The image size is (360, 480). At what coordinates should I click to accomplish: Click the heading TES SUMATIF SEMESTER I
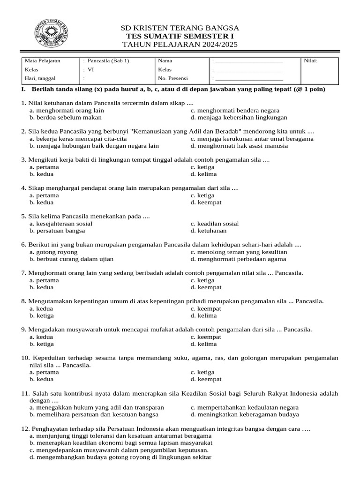click(x=180, y=36)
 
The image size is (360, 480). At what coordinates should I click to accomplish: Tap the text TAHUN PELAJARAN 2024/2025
click(x=180, y=45)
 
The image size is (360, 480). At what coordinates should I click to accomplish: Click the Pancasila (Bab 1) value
click(x=107, y=61)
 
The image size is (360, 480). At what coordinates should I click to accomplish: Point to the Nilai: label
click(x=311, y=61)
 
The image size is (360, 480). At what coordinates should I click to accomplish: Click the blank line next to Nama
click(x=249, y=61)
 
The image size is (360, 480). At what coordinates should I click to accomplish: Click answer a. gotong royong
click(x=53, y=252)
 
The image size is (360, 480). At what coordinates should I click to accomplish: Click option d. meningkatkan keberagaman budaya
click(x=245, y=414)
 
